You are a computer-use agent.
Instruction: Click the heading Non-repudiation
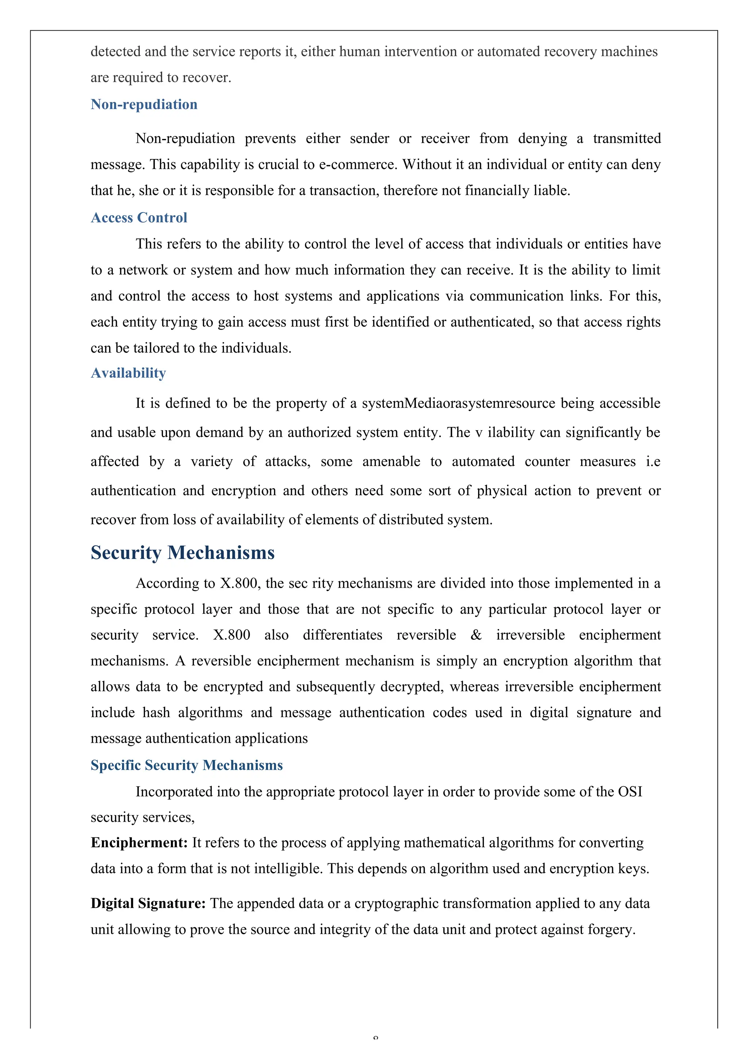pyautogui.click(x=144, y=104)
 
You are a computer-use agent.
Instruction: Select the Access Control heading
pyautogui.click(x=139, y=217)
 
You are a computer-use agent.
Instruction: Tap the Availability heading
pyautogui.click(x=128, y=373)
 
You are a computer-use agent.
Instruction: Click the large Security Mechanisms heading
pyautogui.click(x=183, y=553)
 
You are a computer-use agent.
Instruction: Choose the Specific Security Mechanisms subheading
pyautogui.click(x=186, y=765)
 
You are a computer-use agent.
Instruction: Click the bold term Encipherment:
pyautogui.click(x=139, y=843)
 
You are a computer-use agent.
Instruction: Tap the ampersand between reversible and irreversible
pyautogui.click(x=476, y=635)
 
